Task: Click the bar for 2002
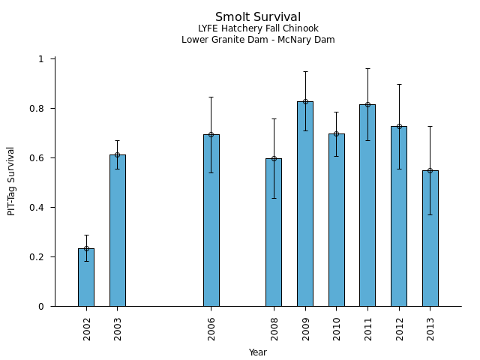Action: click(x=86, y=277)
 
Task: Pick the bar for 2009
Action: click(x=304, y=203)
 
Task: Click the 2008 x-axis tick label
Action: click(x=274, y=328)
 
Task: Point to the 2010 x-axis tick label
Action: click(x=337, y=328)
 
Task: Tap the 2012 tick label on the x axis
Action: click(x=399, y=328)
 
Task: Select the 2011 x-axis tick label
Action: click(x=367, y=328)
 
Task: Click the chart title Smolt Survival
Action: click(x=258, y=17)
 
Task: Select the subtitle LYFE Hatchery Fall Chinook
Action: click(x=258, y=29)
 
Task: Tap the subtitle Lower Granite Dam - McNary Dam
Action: click(x=258, y=40)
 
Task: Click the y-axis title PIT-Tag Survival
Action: click(x=11, y=181)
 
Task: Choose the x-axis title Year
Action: click(x=258, y=352)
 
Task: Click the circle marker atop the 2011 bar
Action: click(x=367, y=104)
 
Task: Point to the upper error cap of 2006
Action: click(x=211, y=97)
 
